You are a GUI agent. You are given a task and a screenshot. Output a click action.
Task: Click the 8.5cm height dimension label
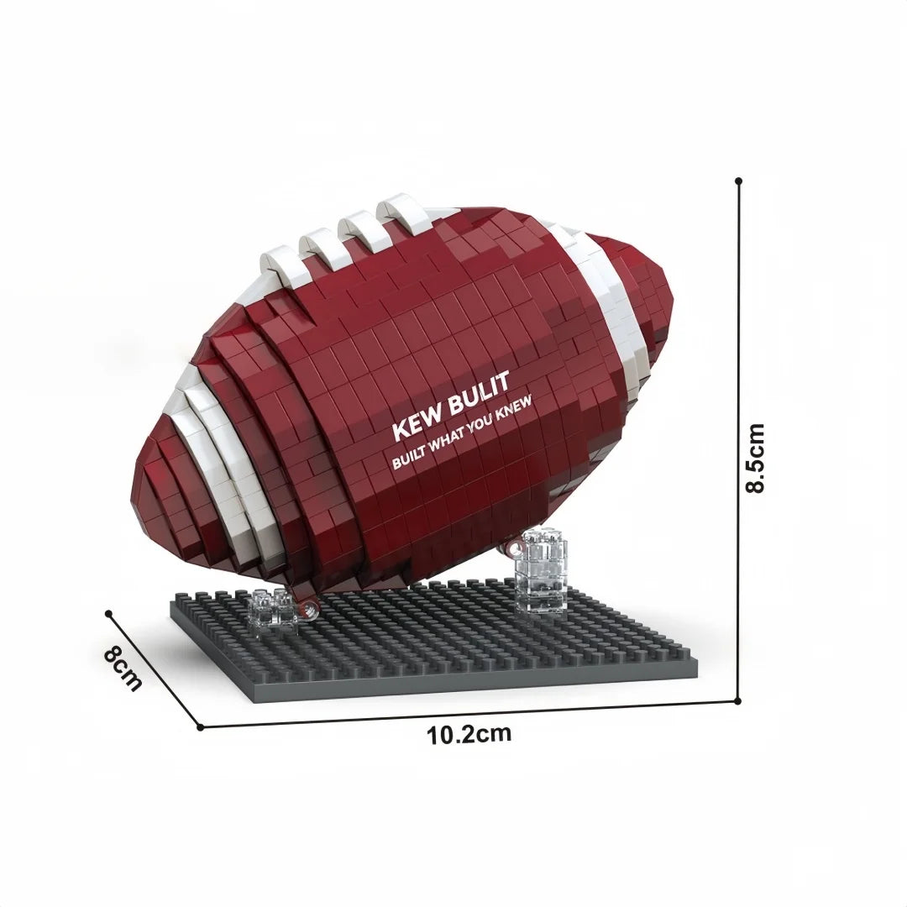tap(756, 458)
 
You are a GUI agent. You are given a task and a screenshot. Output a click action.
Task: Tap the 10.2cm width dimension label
tap(469, 734)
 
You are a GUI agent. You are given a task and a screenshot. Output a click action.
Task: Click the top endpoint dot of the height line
tap(738, 181)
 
